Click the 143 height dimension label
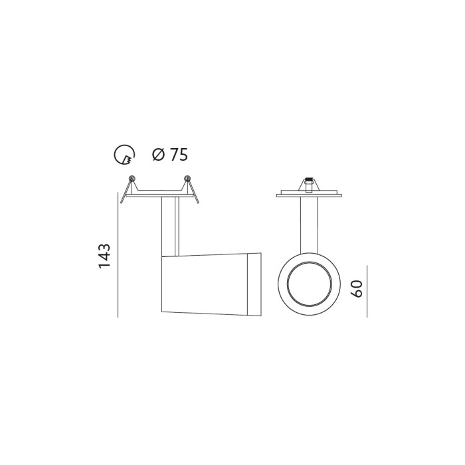(104, 256)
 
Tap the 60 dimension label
(357, 288)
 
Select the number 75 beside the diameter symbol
(179, 155)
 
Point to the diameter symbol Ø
(158, 155)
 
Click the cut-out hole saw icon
(125, 155)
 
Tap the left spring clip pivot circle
(132, 178)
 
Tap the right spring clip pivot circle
(187, 178)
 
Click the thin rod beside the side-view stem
(177, 226)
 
